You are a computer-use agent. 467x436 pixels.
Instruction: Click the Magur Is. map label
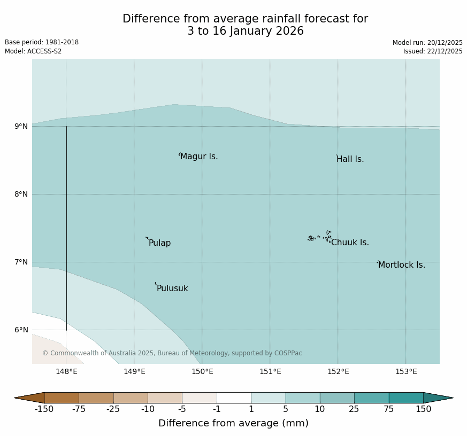199,157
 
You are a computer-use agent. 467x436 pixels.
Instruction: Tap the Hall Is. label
350,159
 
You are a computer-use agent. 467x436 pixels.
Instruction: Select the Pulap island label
159,243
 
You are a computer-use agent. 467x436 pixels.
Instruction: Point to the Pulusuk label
172,289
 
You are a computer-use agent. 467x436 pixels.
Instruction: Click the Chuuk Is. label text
350,243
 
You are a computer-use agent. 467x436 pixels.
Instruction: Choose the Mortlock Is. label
401,265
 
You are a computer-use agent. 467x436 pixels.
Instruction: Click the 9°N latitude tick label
21,127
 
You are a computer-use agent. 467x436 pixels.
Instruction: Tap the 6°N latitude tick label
21,330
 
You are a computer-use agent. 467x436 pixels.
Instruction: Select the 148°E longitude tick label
66,372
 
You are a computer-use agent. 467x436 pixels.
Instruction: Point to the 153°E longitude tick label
406,372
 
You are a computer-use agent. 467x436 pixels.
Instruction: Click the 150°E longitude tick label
202,372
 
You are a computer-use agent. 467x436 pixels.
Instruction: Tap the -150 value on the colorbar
44,409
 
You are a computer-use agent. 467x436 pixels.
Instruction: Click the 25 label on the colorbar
354,409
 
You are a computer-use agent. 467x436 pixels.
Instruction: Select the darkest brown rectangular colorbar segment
62,398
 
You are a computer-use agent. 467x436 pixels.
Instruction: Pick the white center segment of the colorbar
234,398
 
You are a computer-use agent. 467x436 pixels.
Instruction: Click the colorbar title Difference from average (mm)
233,423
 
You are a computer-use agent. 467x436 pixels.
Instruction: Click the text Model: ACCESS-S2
33,51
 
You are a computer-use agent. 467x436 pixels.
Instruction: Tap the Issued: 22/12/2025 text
433,51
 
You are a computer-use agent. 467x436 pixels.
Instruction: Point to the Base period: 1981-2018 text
42,42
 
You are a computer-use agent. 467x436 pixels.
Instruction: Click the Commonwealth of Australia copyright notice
172,353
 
